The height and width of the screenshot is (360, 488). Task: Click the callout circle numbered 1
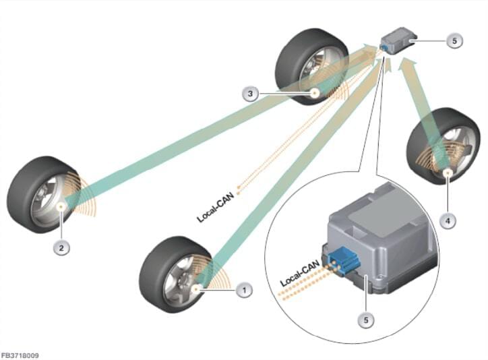(x=245, y=290)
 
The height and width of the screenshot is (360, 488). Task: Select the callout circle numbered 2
(x=61, y=248)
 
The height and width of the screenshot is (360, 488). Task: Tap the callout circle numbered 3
(x=250, y=94)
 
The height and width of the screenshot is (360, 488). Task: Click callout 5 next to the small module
(x=454, y=40)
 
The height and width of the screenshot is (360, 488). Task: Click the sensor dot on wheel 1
(x=196, y=289)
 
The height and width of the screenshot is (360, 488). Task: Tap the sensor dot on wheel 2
(x=61, y=206)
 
